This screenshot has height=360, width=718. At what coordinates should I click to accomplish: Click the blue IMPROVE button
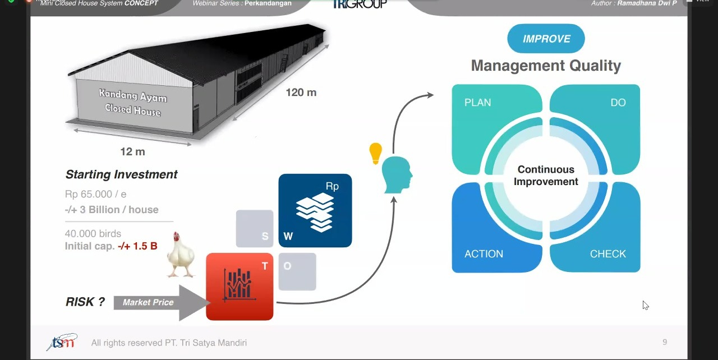pos(546,39)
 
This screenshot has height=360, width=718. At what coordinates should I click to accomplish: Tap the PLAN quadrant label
pos(477,103)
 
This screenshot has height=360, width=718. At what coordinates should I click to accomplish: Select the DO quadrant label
pos(618,103)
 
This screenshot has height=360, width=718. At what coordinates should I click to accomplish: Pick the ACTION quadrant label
pos(484,254)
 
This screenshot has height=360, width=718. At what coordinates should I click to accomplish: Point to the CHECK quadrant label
pos(607,254)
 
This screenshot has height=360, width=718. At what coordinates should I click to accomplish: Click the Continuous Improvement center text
pos(546,176)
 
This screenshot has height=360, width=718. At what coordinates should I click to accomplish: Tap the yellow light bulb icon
pos(375,153)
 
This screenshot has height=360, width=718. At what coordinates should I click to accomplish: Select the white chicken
pos(181,255)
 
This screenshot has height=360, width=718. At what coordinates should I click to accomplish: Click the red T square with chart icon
pos(240,287)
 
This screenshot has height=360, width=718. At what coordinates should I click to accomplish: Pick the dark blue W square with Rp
pos(315,210)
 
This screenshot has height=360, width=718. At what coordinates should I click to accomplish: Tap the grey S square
pos(255,229)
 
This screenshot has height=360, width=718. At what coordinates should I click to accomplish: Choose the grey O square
pos(297,271)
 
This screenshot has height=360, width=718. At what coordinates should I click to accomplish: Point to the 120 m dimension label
pos(301,93)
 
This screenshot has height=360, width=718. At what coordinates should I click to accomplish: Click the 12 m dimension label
pos(132,151)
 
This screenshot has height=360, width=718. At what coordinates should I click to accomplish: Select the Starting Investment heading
pos(121,174)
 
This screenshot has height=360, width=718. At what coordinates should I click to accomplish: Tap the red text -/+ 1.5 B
pos(137,246)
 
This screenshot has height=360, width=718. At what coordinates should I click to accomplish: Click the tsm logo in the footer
pos(62,342)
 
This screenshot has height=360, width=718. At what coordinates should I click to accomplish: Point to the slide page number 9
pos(665,341)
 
